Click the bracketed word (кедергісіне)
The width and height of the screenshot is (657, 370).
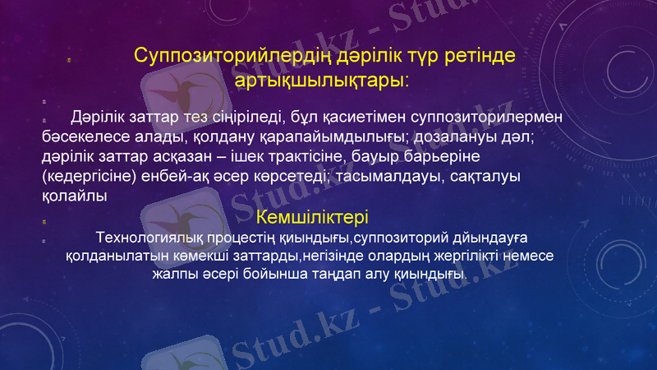[x=91, y=176]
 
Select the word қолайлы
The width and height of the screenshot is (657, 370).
[x=73, y=196]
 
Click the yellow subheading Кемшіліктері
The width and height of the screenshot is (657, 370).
[x=312, y=218]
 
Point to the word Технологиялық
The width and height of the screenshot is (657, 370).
[x=149, y=238]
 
